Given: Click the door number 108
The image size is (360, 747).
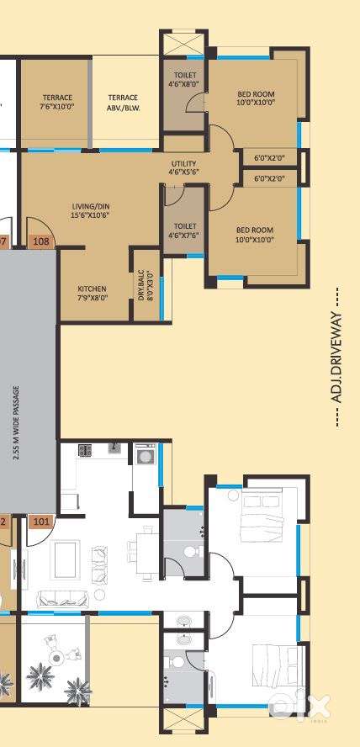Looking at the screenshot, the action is [x=41, y=241].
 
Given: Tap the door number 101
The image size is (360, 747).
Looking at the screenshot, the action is [x=41, y=522].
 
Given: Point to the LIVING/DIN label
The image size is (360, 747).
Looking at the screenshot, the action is [x=91, y=211].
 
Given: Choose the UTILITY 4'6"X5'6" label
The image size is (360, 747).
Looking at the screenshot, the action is [x=183, y=167].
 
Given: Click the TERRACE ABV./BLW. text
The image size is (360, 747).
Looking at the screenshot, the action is [x=124, y=103].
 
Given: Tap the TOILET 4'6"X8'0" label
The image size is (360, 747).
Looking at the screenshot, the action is [x=185, y=80].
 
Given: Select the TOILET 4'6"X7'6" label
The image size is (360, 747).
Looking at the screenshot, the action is [x=185, y=230].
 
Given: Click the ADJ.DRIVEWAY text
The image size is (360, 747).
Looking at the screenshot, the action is [x=337, y=358].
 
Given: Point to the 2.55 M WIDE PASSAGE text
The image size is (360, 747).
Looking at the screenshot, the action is [x=16, y=422].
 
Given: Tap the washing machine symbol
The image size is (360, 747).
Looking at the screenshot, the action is [x=143, y=455].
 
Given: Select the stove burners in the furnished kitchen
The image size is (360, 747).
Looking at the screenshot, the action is [x=85, y=450].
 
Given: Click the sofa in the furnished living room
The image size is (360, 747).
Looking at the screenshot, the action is [x=61, y=598].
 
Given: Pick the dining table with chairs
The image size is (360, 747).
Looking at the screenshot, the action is [x=146, y=553].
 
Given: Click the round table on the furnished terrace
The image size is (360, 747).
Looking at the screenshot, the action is [x=57, y=658].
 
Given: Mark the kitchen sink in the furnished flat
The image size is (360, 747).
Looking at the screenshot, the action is [x=115, y=448].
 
